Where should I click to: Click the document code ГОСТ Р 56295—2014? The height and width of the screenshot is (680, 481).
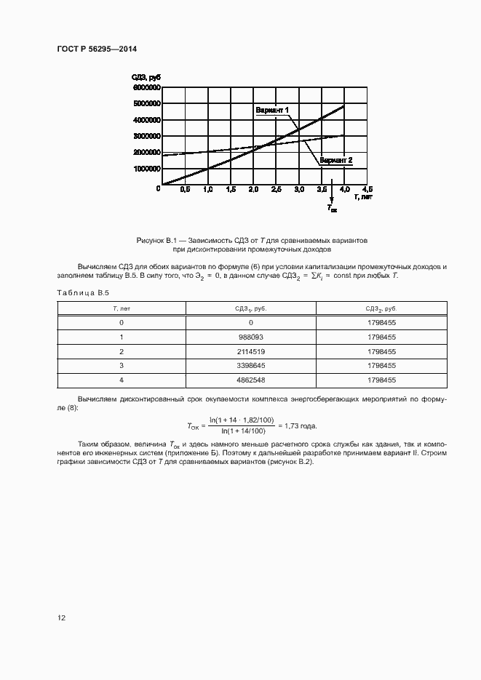(97, 49)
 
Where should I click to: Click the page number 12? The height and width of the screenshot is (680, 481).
(62, 617)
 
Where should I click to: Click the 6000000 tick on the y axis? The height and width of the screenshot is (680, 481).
(146, 87)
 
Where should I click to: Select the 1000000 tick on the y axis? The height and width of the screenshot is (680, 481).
(146, 169)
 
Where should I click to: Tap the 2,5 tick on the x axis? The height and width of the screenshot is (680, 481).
(276, 189)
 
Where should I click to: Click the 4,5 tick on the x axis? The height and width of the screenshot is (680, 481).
(366, 189)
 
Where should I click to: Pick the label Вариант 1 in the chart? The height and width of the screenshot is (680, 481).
(272, 110)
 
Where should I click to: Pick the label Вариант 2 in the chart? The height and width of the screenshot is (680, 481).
(336, 160)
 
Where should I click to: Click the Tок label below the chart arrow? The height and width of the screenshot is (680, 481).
(332, 208)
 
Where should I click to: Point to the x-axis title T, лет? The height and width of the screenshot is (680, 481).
(363, 197)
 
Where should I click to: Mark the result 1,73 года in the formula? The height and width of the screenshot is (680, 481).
(300, 425)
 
